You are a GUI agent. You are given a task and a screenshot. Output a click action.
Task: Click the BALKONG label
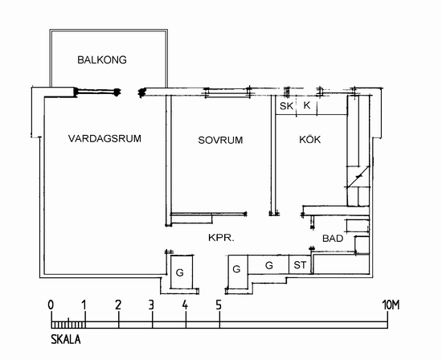click(x=102, y=59)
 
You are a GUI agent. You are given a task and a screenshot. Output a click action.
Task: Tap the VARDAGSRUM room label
click(x=104, y=139)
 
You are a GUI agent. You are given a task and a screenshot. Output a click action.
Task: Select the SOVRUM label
click(x=220, y=140)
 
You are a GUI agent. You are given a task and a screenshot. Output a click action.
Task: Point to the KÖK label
click(x=309, y=139)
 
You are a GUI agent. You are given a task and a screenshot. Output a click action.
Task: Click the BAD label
click(x=333, y=239)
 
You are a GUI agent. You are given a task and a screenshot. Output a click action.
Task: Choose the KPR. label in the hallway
click(x=221, y=238)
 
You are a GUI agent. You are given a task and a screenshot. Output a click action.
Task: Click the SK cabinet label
click(x=286, y=106)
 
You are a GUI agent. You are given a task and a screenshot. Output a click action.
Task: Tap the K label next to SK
click(x=307, y=105)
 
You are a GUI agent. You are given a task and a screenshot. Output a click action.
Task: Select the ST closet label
click(x=300, y=265)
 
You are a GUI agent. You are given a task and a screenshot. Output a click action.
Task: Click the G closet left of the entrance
click(x=179, y=272)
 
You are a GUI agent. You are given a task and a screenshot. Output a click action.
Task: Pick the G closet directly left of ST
click(x=269, y=265)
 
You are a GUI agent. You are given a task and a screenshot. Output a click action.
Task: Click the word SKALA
click(x=66, y=339)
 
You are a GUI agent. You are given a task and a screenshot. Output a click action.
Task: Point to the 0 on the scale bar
click(x=51, y=305)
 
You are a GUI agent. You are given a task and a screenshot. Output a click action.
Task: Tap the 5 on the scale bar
click(x=219, y=305)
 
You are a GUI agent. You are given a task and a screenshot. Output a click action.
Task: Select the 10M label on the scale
click(x=391, y=305)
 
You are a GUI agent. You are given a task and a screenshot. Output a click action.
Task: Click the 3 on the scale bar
click(x=151, y=305)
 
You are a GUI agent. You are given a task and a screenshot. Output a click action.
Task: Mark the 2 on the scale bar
click(x=118, y=305)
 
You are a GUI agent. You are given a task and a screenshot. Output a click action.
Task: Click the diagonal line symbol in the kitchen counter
click(x=358, y=177)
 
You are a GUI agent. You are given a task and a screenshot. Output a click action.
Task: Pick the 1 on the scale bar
click(x=84, y=305)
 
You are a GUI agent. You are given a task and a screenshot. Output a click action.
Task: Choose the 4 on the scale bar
click(x=185, y=305)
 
